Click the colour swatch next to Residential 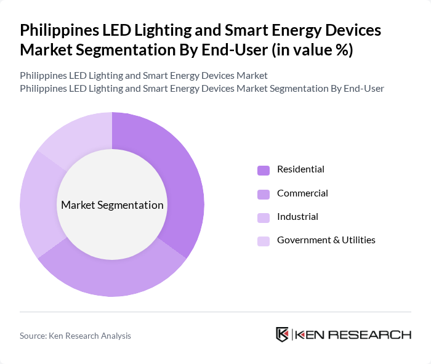click(x=263, y=170)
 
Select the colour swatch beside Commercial click(x=263, y=194)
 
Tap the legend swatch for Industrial click(x=263, y=217)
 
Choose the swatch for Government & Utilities click(x=263, y=241)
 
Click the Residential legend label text click(x=300, y=169)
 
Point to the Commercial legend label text click(x=302, y=193)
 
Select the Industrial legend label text click(x=297, y=217)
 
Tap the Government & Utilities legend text click(x=326, y=240)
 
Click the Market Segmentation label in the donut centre click(x=112, y=205)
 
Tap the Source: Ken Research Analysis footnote click(x=75, y=336)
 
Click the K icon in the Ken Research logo click(x=283, y=334)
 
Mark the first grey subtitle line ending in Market click(x=143, y=76)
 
